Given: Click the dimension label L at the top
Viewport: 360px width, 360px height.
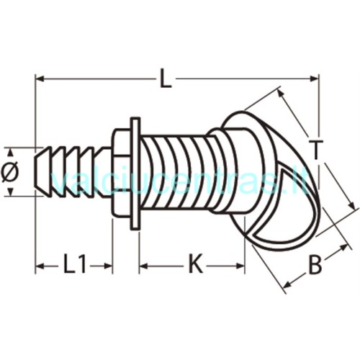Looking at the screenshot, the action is [166, 78].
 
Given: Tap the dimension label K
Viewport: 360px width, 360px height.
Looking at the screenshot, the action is [196, 266].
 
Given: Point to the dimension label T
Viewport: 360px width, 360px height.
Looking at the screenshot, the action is [315, 150].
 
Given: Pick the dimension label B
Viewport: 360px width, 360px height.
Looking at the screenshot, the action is [315, 265].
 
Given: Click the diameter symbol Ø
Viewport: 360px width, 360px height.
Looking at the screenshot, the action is [10, 171].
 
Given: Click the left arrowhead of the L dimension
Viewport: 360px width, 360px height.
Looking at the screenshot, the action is [40, 78].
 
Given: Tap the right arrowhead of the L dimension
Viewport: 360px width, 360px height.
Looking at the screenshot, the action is [315, 78].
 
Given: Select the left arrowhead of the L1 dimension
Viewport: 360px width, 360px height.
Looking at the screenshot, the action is [40, 266].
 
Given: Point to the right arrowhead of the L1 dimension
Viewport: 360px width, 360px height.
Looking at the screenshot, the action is [108, 266].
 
